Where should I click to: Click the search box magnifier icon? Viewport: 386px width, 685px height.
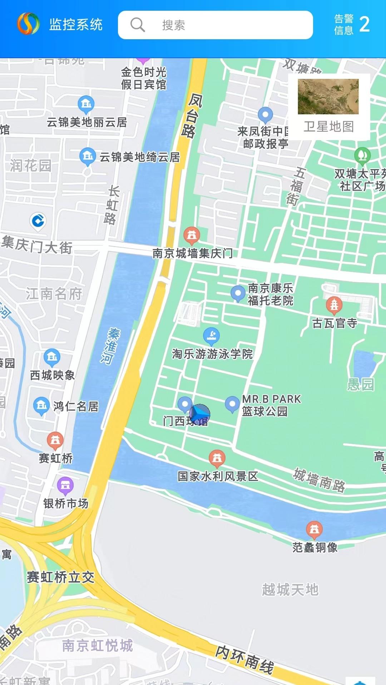click(x=138, y=25)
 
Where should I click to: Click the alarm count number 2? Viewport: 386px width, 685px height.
click(x=364, y=25)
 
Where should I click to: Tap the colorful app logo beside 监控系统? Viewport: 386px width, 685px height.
click(x=28, y=24)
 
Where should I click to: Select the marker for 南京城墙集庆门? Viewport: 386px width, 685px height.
click(x=192, y=235)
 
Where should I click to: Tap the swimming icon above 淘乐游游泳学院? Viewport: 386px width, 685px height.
click(x=211, y=335)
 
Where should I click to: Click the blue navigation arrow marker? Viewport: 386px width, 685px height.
click(x=200, y=415)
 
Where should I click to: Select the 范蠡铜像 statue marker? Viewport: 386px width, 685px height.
click(x=314, y=529)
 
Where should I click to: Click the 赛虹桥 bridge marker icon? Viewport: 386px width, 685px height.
click(x=55, y=440)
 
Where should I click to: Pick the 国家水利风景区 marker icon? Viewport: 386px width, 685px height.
click(x=217, y=458)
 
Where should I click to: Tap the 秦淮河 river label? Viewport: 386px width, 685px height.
click(x=110, y=346)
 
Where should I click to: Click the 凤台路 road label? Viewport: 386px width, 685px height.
click(x=191, y=116)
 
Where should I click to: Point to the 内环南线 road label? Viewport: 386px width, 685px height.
click(x=245, y=660)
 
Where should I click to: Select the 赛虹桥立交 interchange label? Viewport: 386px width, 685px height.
click(x=60, y=577)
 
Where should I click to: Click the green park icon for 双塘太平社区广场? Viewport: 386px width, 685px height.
click(x=362, y=155)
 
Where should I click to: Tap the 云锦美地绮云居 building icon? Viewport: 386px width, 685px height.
click(x=88, y=156)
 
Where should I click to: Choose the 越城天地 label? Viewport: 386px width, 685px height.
click(x=290, y=589)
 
